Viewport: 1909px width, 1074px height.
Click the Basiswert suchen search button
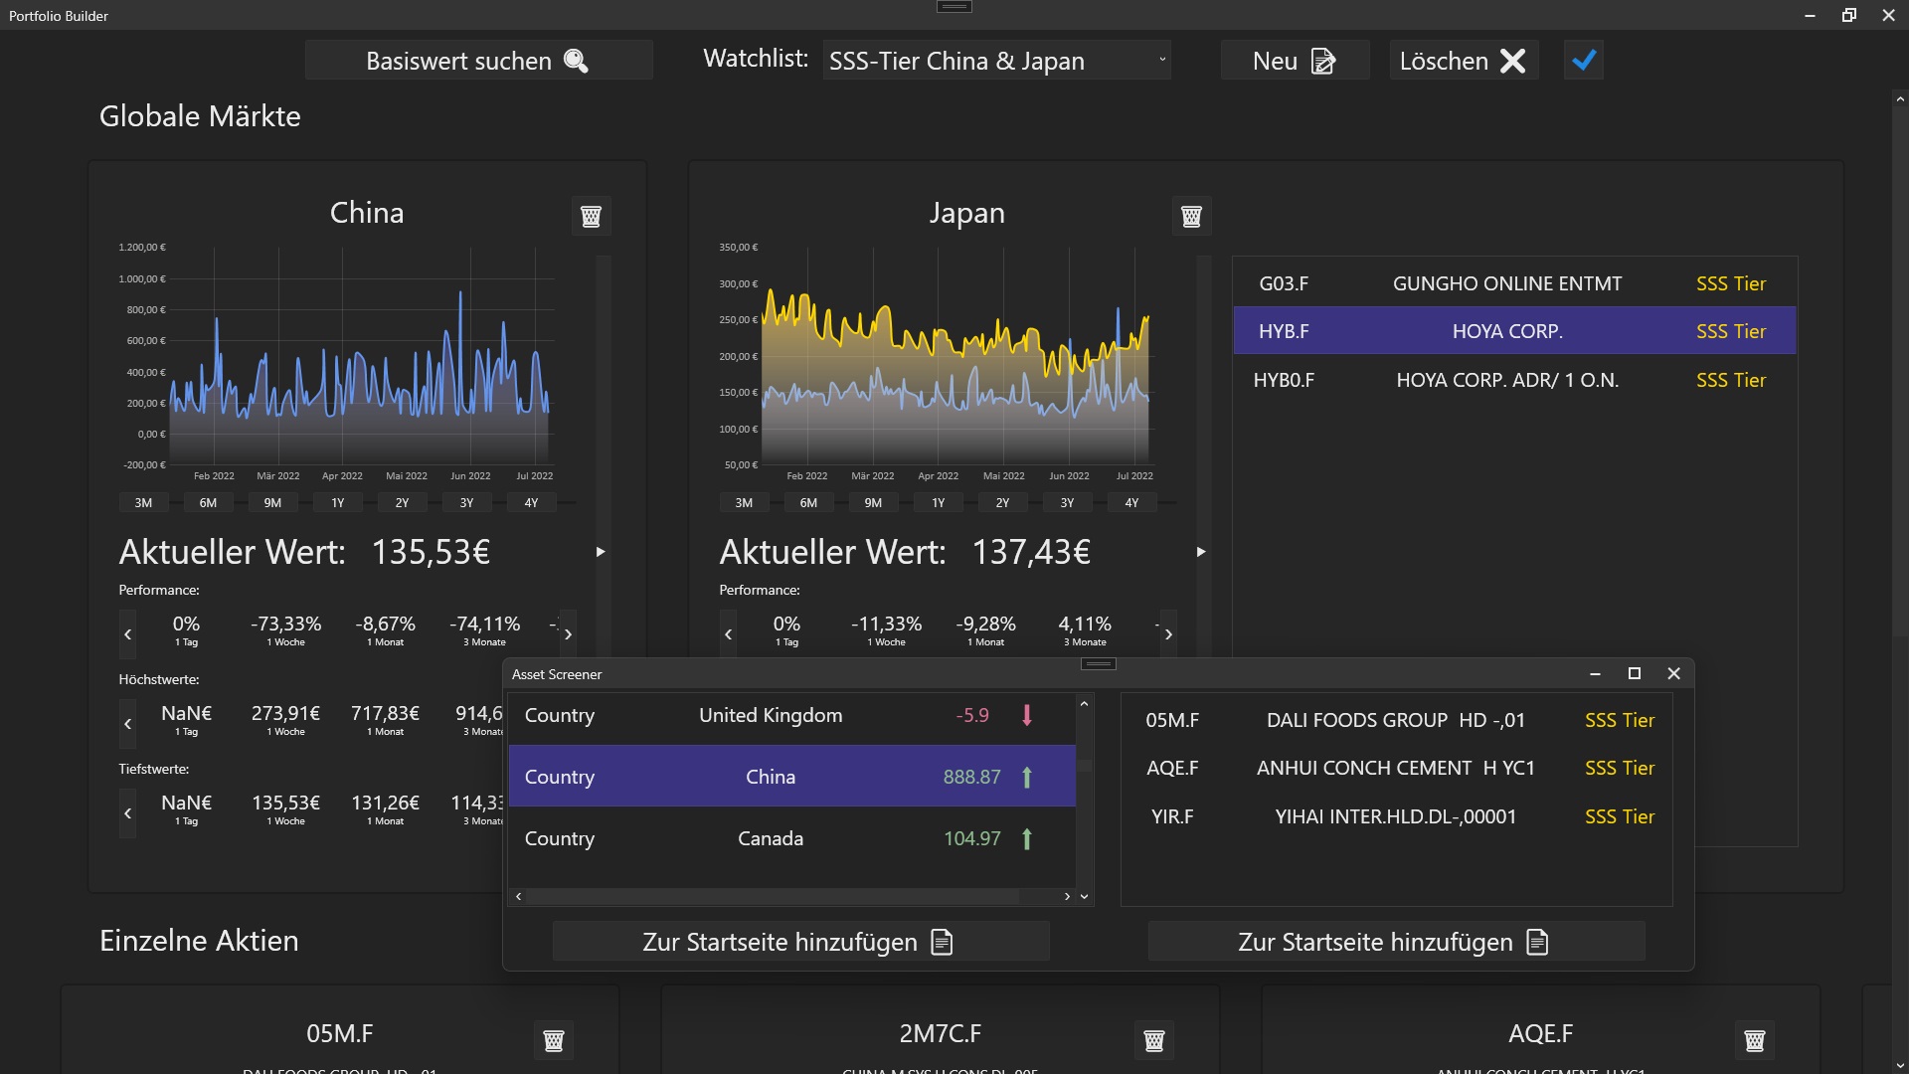[x=478, y=61]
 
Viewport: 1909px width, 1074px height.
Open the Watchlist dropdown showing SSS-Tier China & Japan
[x=996, y=61]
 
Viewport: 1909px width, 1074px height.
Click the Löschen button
[x=1463, y=61]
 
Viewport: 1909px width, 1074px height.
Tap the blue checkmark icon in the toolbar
[x=1584, y=61]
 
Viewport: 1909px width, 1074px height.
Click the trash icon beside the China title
[x=591, y=216]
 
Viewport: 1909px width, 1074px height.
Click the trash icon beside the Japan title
[x=1191, y=216]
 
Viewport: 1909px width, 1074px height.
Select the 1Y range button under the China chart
[x=338, y=503]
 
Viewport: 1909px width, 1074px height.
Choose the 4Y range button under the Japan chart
[x=1131, y=503]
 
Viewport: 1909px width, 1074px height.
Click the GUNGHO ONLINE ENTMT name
[x=1507, y=283]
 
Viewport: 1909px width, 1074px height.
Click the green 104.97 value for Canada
[x=971, y=838]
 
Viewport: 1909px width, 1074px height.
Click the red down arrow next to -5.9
[x=1027, y=715]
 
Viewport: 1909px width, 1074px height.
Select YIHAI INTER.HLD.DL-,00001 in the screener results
[x=1396, y=816]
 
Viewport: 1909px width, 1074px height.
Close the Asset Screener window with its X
[x=1673, y=674]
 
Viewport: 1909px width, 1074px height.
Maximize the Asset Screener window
[x=1634, y=674]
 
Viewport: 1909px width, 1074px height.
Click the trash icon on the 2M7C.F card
[x=1154, y=1040]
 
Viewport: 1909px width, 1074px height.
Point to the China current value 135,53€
[x=431, y=552]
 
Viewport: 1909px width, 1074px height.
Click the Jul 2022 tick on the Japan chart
[x=1134, y=476]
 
